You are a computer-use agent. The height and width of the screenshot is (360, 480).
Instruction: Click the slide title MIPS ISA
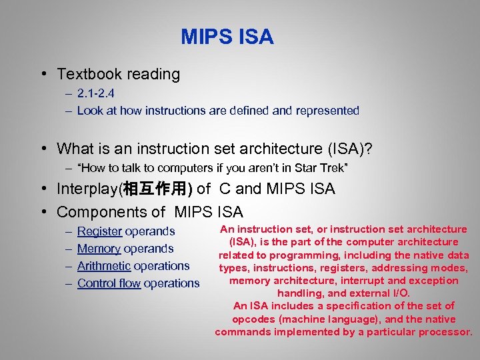point(227,37)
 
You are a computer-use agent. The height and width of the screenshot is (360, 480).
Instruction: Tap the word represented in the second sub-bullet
point(328,111)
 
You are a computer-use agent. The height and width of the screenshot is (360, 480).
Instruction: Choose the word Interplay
point(87,189)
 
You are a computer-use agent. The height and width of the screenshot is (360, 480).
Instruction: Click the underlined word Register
point(99,231)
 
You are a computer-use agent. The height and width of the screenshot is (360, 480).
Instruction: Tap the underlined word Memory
point(99,249)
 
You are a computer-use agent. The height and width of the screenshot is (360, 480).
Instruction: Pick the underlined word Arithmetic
point(103,266)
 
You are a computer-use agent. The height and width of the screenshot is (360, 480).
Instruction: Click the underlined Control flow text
point(109,283)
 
